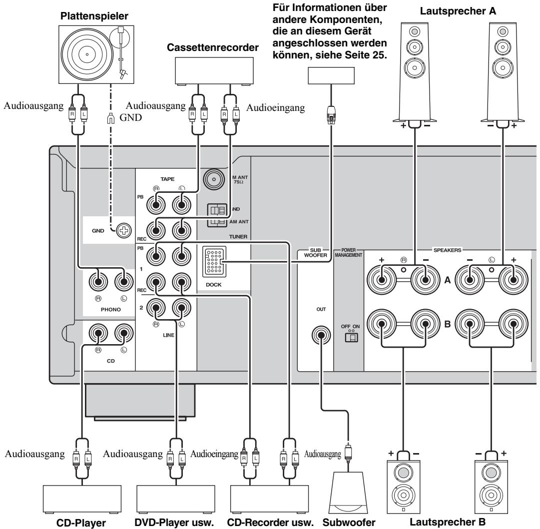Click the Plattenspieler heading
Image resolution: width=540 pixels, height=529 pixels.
pos(94,16)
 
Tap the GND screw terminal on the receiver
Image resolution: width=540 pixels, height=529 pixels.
pos(124,230)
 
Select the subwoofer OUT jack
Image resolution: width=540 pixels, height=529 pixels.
pos(321,336)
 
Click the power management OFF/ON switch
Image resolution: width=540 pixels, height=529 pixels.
pos(351,337)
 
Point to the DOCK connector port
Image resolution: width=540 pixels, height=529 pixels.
pos(214,262)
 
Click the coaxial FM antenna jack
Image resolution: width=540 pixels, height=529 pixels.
pos(214,179)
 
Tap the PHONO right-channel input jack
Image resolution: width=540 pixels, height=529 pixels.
pos(98,282)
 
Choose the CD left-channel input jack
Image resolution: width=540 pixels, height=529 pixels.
pos(124,333)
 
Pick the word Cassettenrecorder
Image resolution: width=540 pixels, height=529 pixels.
pos(212,47)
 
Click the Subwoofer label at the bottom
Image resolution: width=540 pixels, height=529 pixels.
pos(349,522)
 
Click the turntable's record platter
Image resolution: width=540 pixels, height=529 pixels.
pos(87,54)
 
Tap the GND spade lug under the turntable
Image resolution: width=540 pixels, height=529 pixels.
pos(110,118)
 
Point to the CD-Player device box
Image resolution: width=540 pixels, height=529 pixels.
pos(82,500)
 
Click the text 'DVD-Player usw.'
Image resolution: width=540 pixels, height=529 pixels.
pos(174,522)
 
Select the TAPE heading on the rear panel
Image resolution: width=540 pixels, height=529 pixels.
pos(167,179)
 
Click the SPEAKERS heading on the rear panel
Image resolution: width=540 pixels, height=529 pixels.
pos(447,250)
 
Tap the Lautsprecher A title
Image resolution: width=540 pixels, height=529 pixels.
pos(458,11)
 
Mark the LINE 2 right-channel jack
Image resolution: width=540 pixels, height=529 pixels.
pos(156,308)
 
